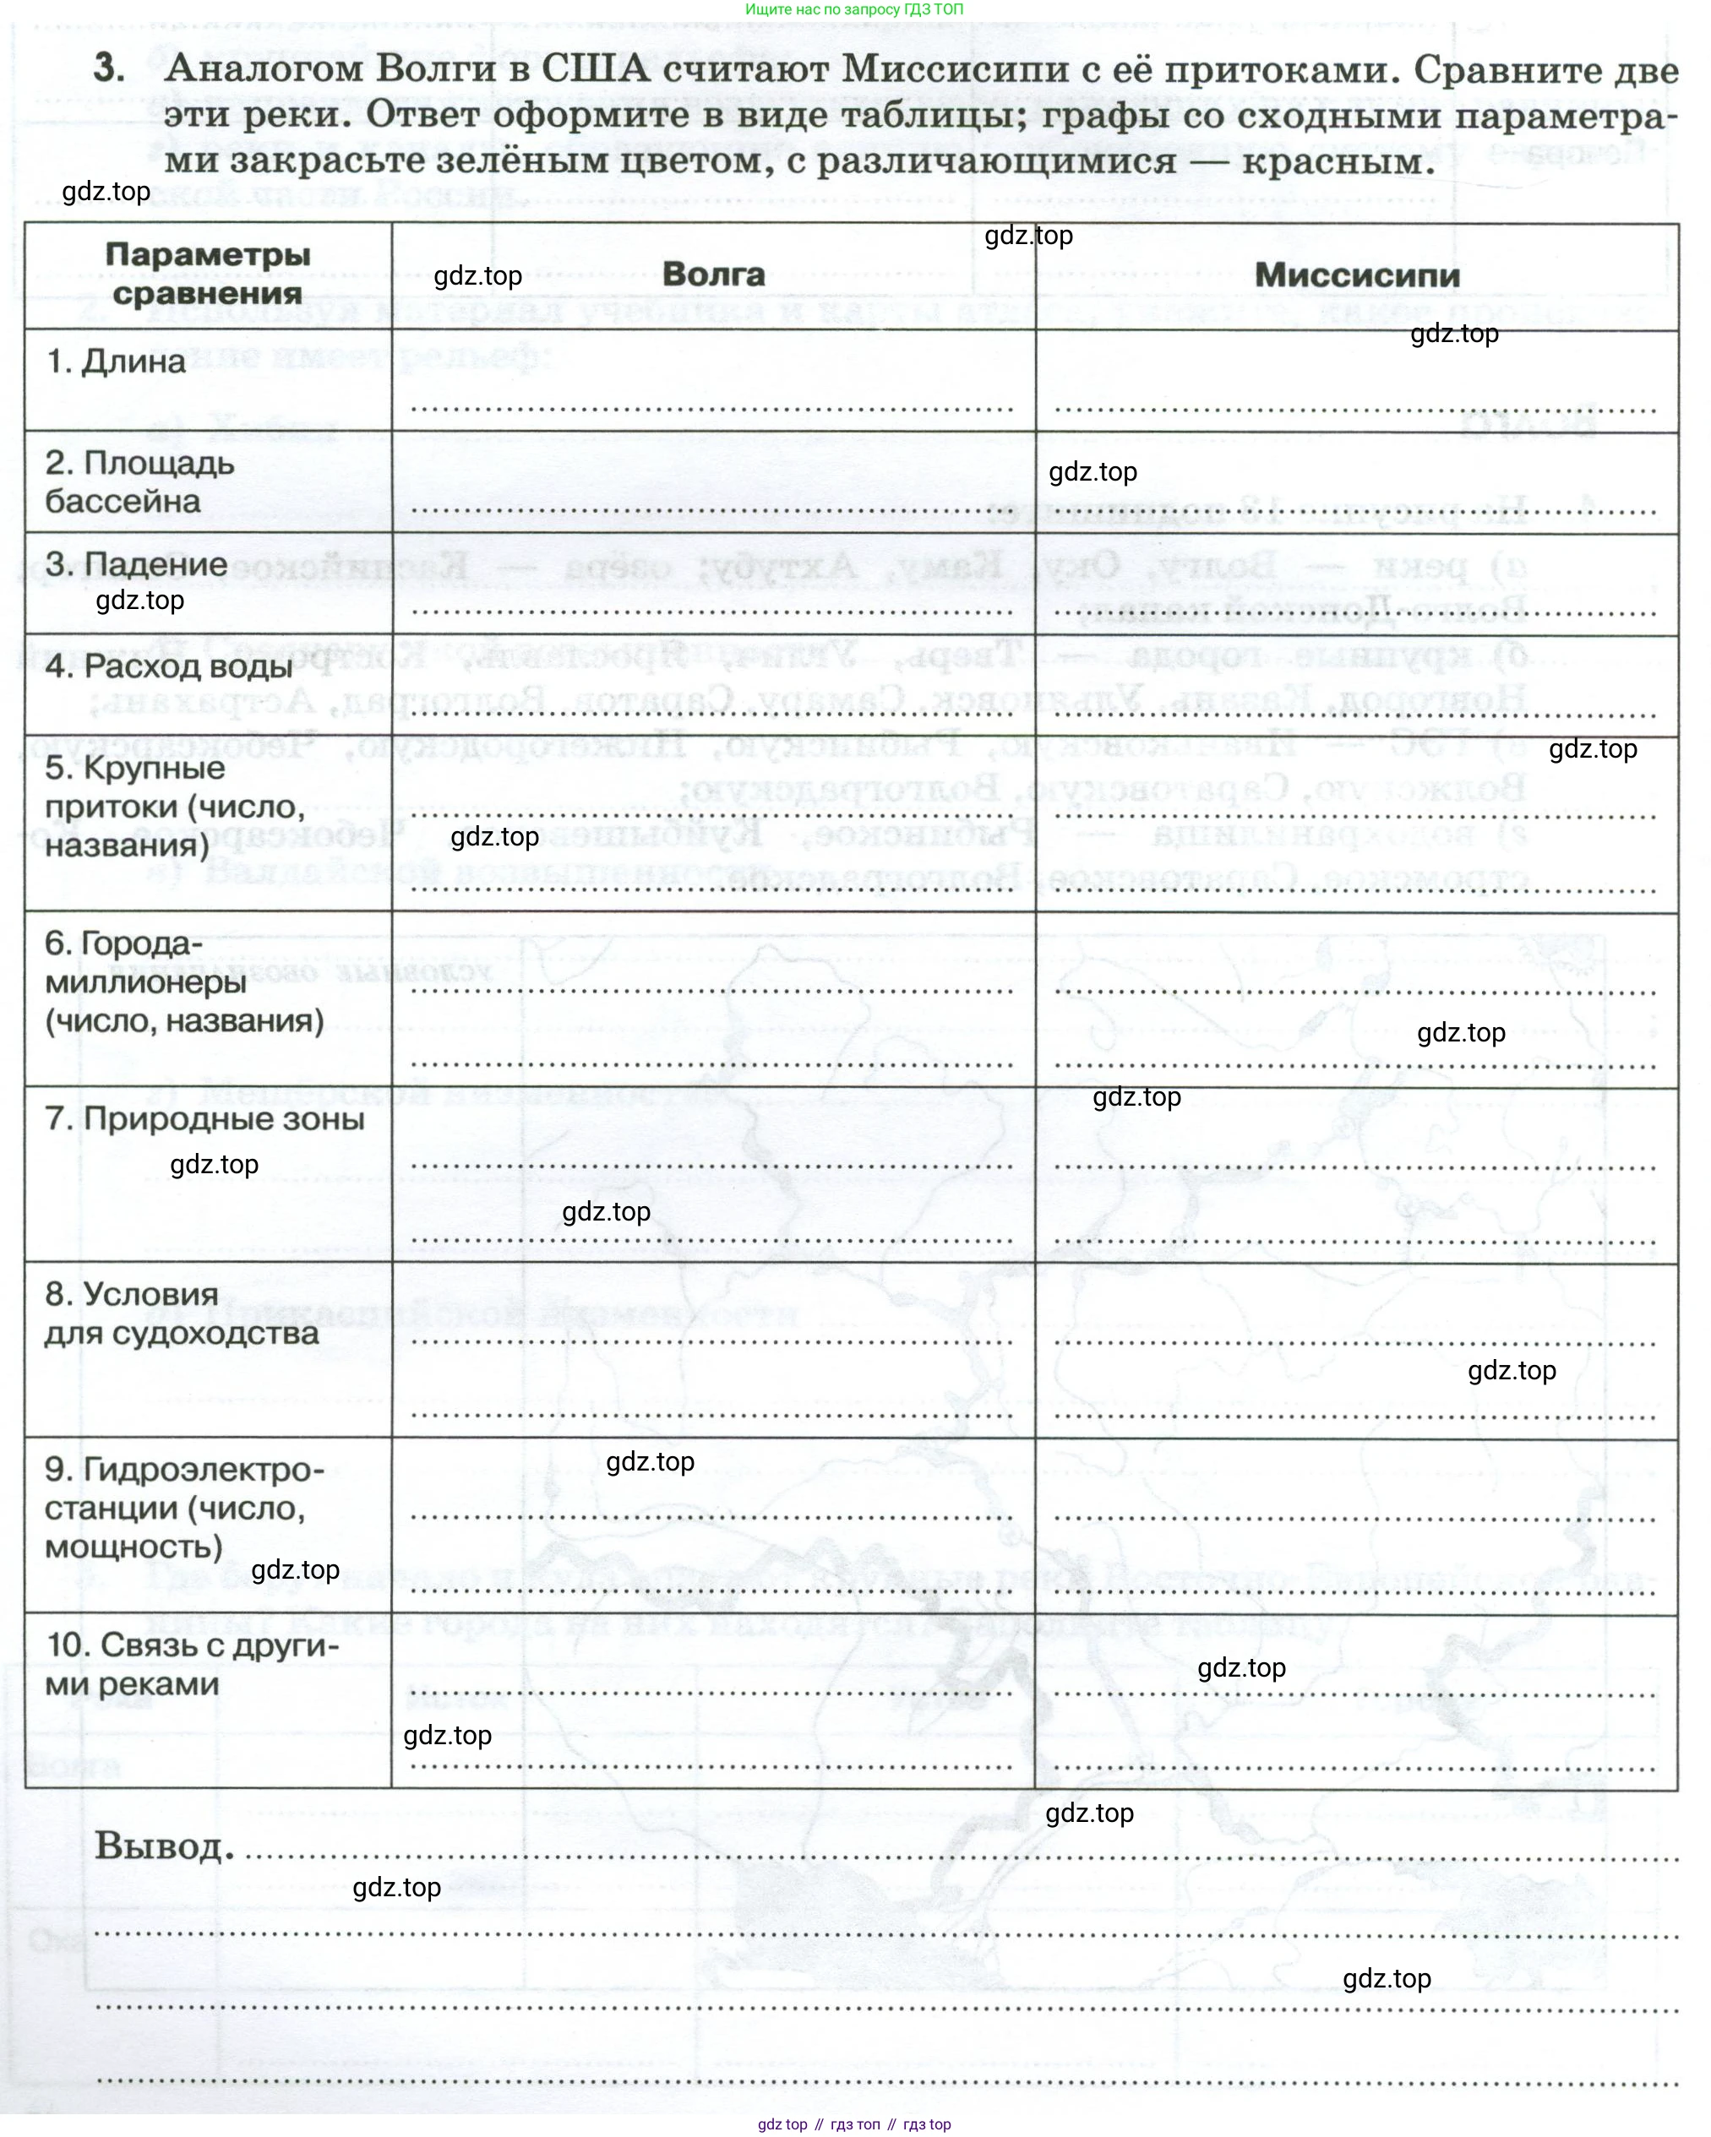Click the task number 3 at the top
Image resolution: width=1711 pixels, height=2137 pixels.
pyautogui.click(x=109, y=68)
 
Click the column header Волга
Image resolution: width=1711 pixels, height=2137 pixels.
pyautogui.click(x=713, y=275)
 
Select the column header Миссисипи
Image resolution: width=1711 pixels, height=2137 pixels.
pyautogui.click(x=1356, y=275)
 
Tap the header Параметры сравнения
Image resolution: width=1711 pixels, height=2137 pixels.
pyautogui.click(x=207, y=274)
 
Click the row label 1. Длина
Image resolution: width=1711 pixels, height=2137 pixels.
pyautogui.click(x=116, y=362)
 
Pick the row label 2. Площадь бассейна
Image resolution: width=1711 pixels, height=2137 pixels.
pyautogui.click(x=139, y=481)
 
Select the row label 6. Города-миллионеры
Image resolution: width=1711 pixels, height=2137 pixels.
pyautogui.click(x=183, y=981)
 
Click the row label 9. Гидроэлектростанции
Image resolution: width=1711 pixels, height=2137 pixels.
pyautogui.click(x=183, y=1508)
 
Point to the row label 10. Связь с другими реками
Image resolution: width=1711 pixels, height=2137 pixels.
pyautogui.click(x=191, y=1664)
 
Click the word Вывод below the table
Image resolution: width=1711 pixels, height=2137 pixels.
pyautogui.click(x=164, y=1846)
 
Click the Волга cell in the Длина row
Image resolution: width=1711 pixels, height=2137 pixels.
pyautogui.click(x=713, y=382)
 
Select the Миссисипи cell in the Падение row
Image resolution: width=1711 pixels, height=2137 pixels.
pyautogui.click(x=1356, y=585)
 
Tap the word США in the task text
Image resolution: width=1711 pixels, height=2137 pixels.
pyautogui.click(x=595, y=68)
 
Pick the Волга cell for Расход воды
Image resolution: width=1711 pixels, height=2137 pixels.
pyautogui.click(x=713, y=686)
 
